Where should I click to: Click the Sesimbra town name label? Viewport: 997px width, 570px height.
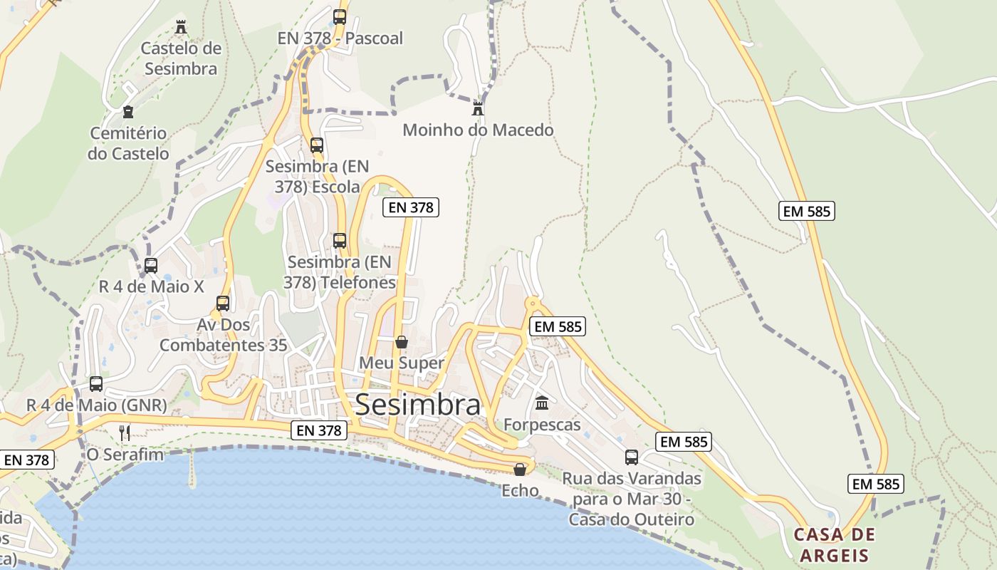(417, 405)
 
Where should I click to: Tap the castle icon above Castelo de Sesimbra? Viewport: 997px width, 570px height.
(181, 27)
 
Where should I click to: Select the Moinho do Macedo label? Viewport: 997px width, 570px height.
(478, 130)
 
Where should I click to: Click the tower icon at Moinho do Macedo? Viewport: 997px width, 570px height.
(478, 109)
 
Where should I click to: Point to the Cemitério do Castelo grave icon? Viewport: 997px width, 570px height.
(128, 112)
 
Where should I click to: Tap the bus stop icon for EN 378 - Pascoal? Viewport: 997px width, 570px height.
(340, 16)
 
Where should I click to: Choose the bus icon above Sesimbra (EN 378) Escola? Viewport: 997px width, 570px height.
(317, 145)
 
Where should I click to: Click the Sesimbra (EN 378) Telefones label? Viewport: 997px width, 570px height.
(340, 272)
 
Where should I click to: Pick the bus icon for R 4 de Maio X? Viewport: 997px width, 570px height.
(151, 266)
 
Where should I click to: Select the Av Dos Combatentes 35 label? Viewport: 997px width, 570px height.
(223, 335)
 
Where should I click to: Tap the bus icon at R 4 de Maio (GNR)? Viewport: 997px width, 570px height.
(96, 384)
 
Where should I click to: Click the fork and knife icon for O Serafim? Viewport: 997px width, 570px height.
(125, 432)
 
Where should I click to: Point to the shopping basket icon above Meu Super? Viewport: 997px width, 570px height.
(402, 342)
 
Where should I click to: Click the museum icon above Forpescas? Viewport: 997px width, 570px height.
(542, 403)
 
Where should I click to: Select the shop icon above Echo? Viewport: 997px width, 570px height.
(520, 470)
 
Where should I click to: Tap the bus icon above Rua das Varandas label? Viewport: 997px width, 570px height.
(632, 457)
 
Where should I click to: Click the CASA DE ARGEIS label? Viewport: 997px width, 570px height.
(834, 545)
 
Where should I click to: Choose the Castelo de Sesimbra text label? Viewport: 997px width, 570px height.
(181, 58)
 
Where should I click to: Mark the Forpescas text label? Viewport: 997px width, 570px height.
(542, 425)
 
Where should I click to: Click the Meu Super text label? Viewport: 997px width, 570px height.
(402, 363)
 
